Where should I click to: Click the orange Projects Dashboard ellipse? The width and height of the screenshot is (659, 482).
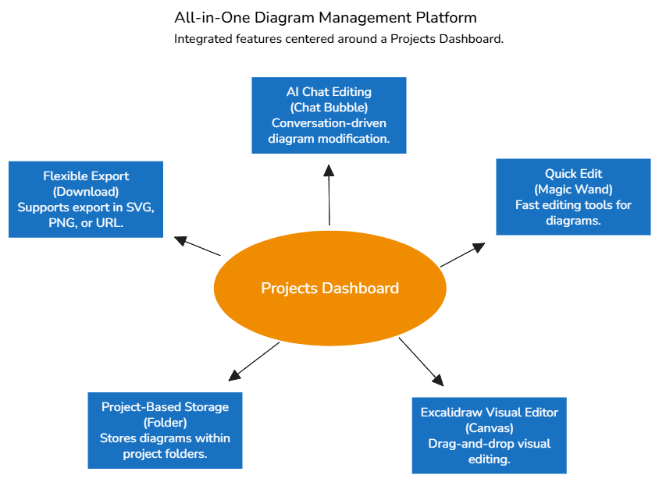pos(329,288)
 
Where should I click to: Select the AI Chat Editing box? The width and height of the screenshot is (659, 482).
pos(329,115)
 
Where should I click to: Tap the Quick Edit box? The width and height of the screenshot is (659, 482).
pos(573,197)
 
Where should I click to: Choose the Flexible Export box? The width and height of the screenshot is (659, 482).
pos(86,200)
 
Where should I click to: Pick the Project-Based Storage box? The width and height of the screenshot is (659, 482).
pos(165,431)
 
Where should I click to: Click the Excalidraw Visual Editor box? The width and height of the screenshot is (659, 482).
pos(489,435)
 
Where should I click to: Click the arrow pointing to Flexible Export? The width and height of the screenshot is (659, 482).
pos(198,246)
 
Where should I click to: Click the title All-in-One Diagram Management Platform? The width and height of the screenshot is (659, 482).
pos(325,17)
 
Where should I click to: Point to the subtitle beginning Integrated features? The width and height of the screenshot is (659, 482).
pos(338,39)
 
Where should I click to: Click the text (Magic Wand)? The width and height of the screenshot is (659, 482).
pos(573,190)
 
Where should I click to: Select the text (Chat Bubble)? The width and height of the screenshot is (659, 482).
pos(329,108)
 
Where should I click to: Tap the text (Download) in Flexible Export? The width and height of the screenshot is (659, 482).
pos(86,192)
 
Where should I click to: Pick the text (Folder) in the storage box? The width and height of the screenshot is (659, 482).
pos(165,423)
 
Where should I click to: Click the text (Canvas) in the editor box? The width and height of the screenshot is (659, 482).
pos(489,428)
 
